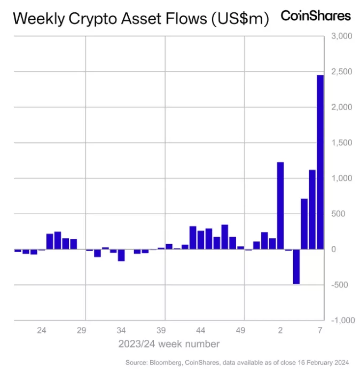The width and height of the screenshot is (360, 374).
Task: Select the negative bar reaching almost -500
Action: point(296,266)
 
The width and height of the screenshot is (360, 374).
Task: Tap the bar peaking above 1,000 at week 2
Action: point(280,205)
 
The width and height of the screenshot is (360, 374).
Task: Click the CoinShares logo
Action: point(316,15)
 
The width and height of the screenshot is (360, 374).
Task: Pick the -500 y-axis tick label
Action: point(342,285)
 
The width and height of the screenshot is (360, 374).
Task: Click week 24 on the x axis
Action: point(42,331)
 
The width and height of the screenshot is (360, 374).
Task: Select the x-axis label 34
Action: point(121,331)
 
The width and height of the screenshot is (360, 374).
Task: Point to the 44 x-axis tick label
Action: point(201,331)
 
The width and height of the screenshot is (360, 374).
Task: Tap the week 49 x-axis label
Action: point(240,331)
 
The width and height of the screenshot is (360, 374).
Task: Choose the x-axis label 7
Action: point(320,331)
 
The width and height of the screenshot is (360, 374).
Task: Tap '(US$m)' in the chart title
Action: point(240,19)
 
